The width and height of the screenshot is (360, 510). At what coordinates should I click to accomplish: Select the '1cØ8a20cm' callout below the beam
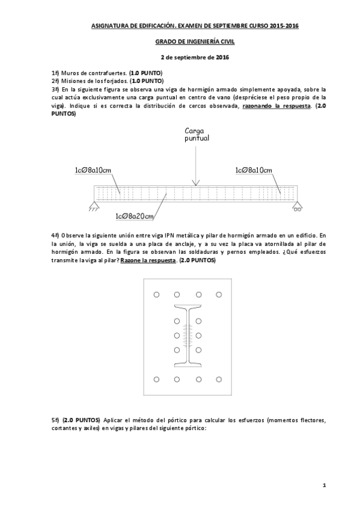tap(135, 216)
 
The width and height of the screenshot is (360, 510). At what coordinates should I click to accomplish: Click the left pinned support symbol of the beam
tap(94, 207)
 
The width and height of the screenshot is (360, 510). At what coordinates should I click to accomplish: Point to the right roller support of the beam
tap(297, 207)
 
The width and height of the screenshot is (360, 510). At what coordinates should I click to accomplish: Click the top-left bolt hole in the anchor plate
tap(156, 295)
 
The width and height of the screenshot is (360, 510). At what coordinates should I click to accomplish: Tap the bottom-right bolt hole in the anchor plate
tap(219, 379)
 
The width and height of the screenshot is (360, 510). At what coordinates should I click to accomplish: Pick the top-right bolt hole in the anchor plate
tap(219, 295)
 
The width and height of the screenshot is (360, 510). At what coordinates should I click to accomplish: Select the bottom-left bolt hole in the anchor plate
tap(156, 379)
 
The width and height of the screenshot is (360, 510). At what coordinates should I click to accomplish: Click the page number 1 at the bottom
tap(323, 485)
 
